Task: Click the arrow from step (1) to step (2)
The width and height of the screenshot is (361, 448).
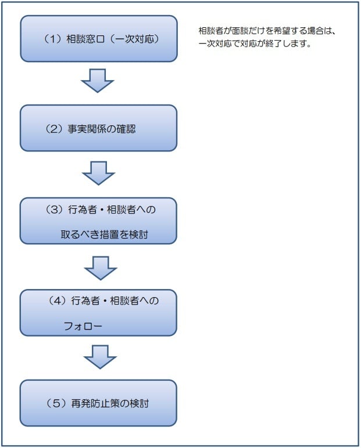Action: point(97,80)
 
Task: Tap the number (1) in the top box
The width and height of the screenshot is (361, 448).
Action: point(53,39)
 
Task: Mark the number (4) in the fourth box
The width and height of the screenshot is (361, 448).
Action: point(56,301)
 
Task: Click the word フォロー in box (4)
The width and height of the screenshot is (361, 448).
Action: point(83,326)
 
